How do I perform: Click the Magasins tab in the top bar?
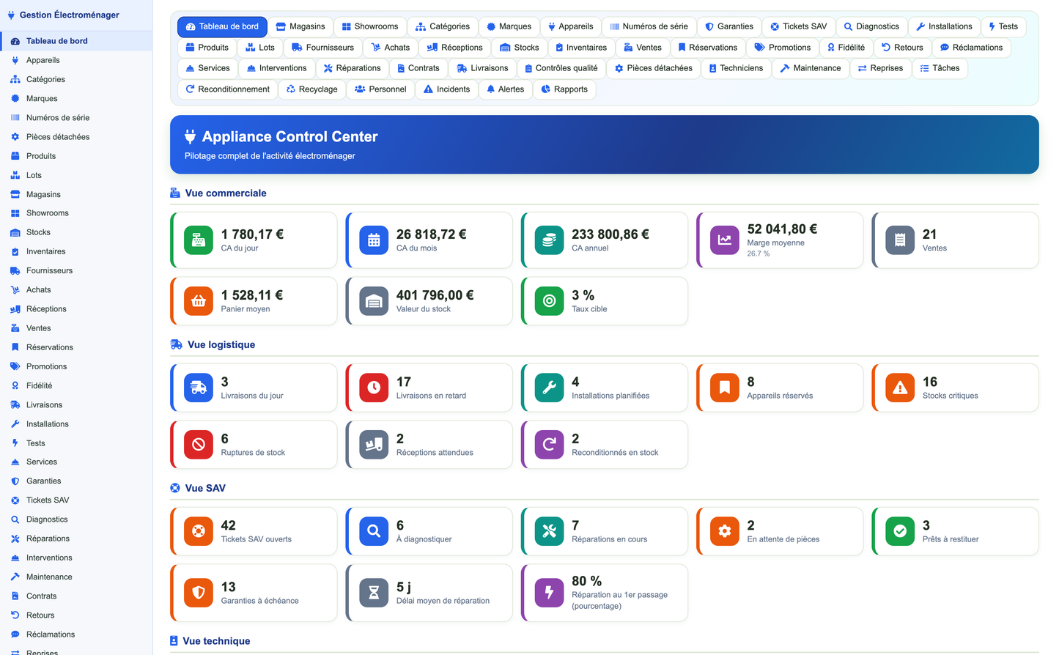coord(300,26)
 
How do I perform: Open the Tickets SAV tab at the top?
coord(799,26)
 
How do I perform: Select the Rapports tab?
coord(564,89)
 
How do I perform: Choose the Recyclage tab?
coord(312,89)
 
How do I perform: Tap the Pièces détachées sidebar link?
coord(58,136)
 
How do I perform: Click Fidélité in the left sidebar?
coord(40,385)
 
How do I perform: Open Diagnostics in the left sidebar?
coord(47,519)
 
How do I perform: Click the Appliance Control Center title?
coord(289,136)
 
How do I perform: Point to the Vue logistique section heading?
coord(221,344)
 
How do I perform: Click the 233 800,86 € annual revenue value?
coord(610,234)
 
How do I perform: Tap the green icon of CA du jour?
coord(199,240)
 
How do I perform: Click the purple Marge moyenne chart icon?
coord(724,240)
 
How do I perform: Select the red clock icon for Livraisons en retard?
coord(374,388)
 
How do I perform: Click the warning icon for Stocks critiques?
coord(900,388)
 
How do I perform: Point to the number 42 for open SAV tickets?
coord(229,525)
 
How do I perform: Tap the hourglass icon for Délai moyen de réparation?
coord(374,593)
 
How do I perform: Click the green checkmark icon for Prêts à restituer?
coord(900,531)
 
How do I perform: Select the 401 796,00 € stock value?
coord(435,295)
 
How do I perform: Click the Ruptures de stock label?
coord(253,453)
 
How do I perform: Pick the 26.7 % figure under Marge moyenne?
coord(759,254)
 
